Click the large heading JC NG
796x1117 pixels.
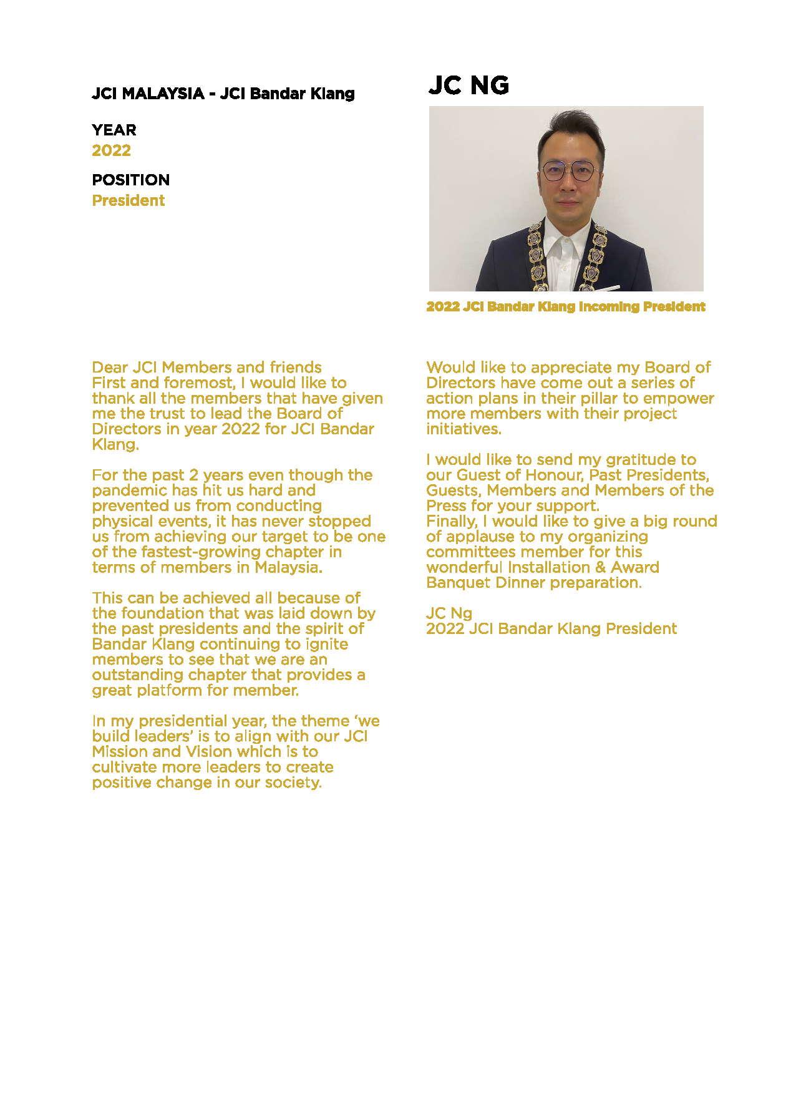click(x=468, y=85)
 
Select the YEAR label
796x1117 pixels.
click(x=114, y=130)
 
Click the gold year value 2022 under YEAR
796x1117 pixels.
click(x=111, y=150)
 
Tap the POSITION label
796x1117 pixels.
click(x=130, y=180)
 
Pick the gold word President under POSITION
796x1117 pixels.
click(x=128, y=200)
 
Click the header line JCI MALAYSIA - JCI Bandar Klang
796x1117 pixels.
click(x=223, y=94)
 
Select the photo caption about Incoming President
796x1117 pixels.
click(x=566, y=307)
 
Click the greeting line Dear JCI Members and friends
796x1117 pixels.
click(x=206, y=367)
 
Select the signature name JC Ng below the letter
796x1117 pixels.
click(x=449, y=613)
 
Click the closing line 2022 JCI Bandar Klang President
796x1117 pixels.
click(x=551, y=628)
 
